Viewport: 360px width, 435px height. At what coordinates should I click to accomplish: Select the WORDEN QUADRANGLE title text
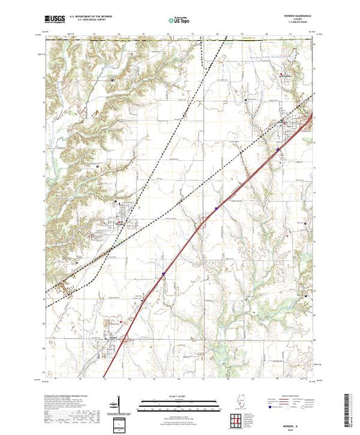tap(299, 17)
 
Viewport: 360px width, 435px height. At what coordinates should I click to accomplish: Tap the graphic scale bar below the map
tap(171, 403)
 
